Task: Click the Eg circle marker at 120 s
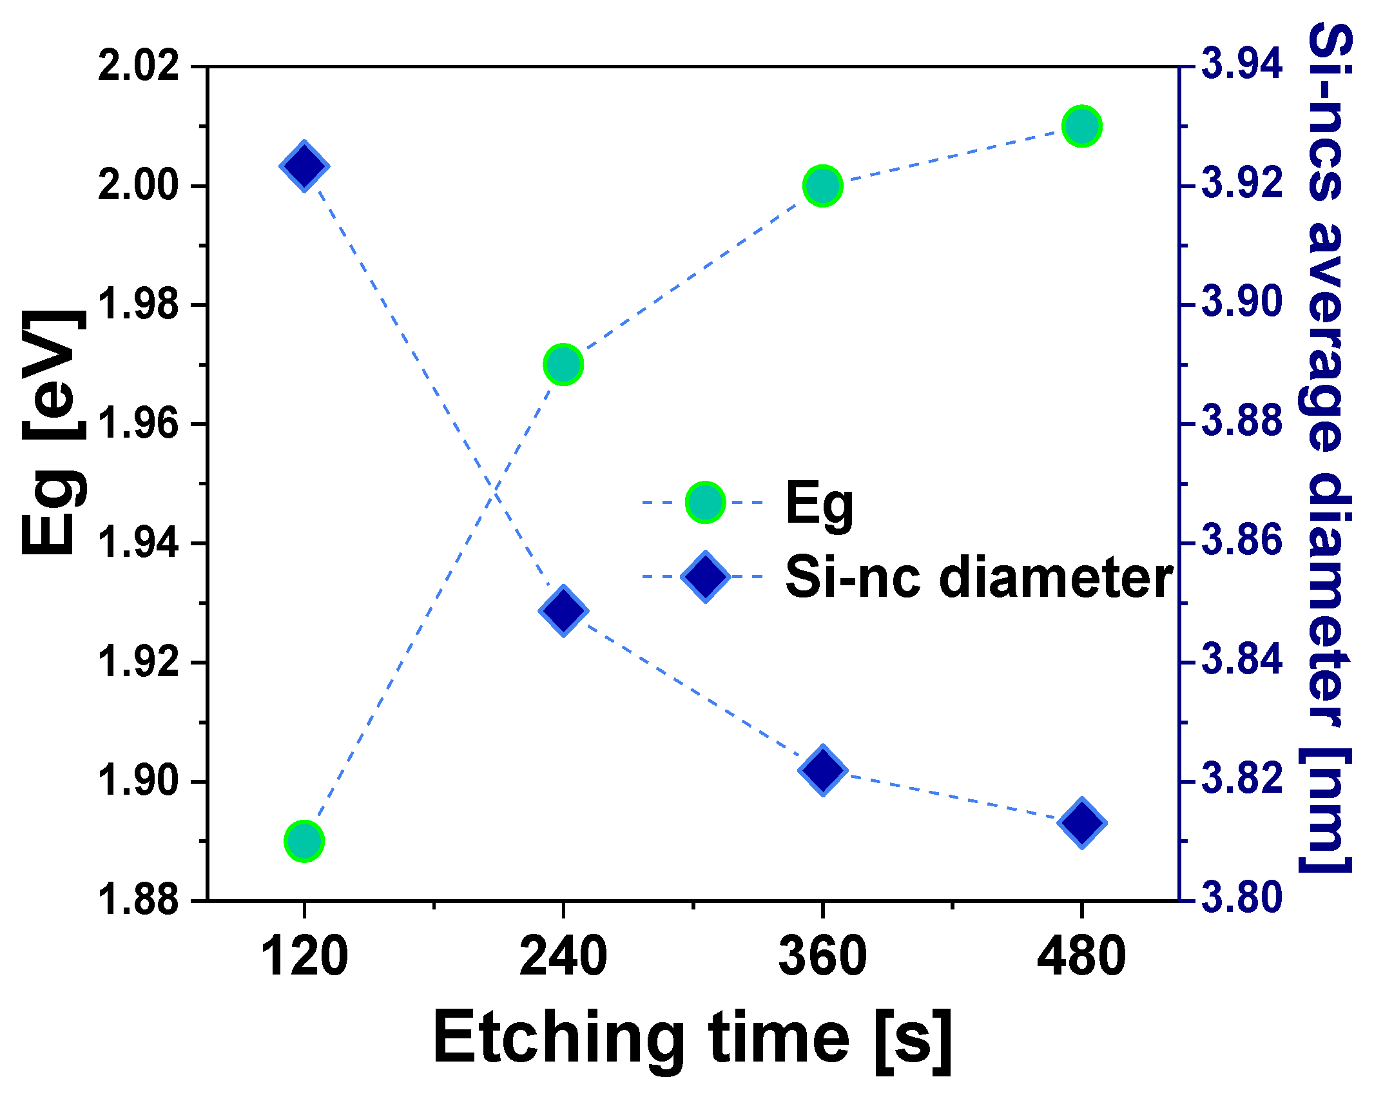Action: pyautogui.click(x=304, y=841)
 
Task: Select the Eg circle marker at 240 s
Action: pyautogui.click(x=563, y=365)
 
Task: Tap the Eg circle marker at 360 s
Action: pyautogui.click(x=823, y=186)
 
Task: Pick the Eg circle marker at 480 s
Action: pyautogui.click(x=1082, y=126)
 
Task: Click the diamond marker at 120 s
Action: pyautogui.click(x=304, y=166)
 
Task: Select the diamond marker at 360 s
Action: pyautogui.click(x=823, y=770)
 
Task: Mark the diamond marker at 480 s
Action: pyautogui.click(x=1082, y=823)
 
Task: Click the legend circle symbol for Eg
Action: pyautogui.click(x=705, y=502)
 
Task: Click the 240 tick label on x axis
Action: pyautogui.click(x=563, y=956)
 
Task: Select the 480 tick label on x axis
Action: pyautogui.click(x=1081, y=956)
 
